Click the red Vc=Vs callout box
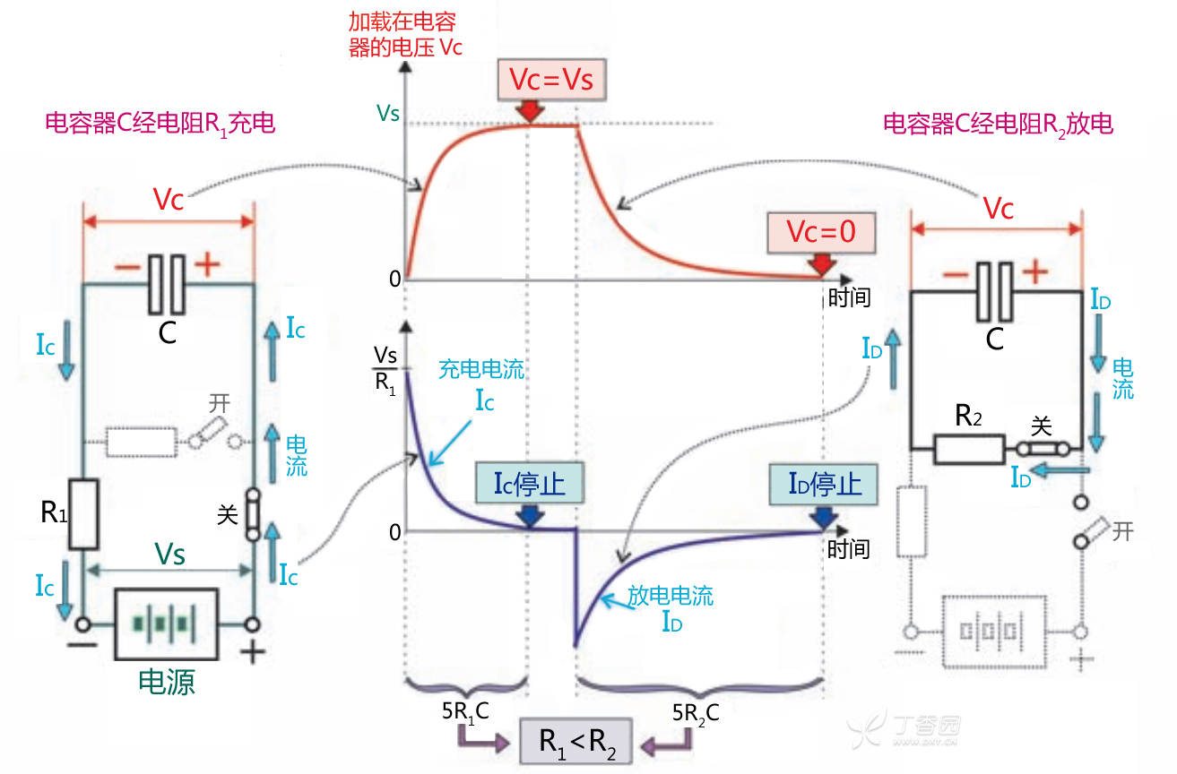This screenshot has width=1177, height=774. [x=551, y=80]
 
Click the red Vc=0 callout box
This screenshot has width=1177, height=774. [x=820, y=233]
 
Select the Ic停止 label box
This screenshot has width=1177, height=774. [x=529, y=484]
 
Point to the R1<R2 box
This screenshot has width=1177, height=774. [x=576, y=740]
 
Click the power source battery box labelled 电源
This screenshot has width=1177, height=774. [x=167, y=623]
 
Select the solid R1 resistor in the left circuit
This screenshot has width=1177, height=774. [x=83, y=514]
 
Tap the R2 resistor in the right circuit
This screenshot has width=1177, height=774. [x=969, y=448]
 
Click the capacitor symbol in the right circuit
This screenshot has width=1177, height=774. [x=995, y=292]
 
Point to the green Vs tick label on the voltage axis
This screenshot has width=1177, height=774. [x=387, y=114]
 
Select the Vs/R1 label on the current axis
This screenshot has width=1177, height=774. [x=384, y=370]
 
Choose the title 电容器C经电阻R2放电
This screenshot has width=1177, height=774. [x=998, y=124]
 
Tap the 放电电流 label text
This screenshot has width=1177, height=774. [x=670, y=596]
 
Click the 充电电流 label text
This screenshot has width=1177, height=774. [x=480, y=369]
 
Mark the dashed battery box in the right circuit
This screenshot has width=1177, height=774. [x=995, y=632]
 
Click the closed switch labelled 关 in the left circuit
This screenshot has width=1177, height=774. [x=254, y=513]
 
